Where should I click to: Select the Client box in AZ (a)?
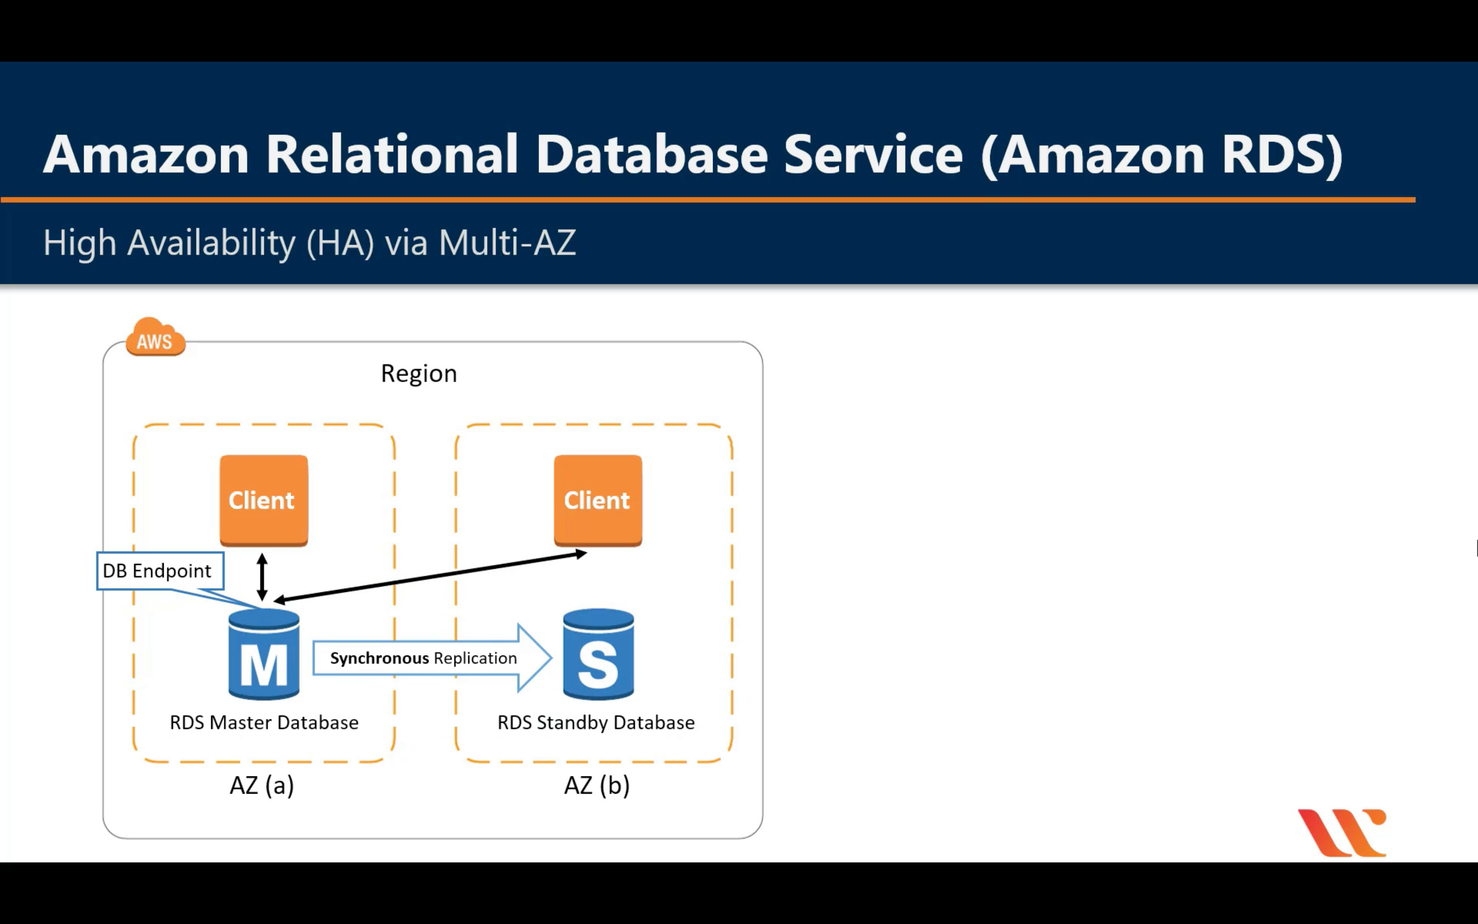coord(263,500)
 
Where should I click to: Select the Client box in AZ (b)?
coord(597,500)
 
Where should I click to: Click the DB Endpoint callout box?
coord(160,571)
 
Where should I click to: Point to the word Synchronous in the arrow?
coord(379,658)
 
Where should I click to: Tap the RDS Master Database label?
coord(264,722)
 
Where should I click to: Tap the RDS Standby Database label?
coord(595,722)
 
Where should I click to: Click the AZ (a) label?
coord(261,785)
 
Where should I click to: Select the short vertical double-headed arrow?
coord(262,576)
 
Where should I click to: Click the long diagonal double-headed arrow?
coord(431,577)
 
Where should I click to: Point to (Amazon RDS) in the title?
coord(1162,155)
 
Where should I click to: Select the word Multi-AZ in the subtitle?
coord(507,243)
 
